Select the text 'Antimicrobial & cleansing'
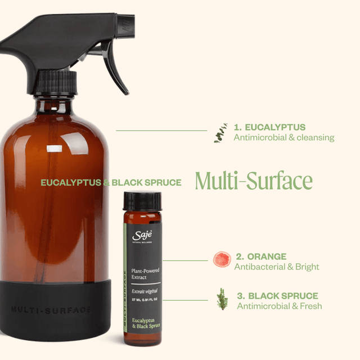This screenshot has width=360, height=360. [284, 138]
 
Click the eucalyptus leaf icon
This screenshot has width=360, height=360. [220, 133]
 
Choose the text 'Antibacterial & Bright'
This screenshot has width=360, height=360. [277, 267]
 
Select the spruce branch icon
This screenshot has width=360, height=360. [222, 299]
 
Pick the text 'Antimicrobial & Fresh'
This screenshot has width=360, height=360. [280, 306]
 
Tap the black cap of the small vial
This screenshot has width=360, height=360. [142, 200]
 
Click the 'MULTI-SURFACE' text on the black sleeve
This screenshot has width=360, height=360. [51, 309]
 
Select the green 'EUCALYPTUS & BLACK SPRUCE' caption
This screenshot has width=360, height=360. [111, 182]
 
